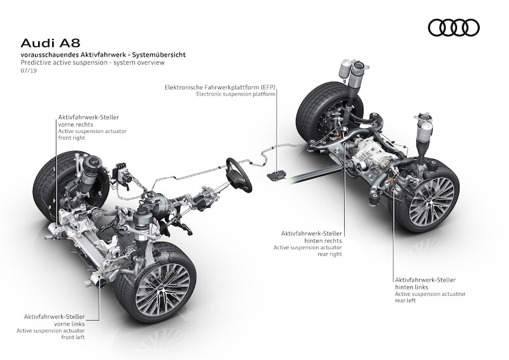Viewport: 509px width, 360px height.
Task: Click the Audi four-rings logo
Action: pos(454,27)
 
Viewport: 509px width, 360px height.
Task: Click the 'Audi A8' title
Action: pos(50,43)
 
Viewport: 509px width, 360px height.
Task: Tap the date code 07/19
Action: pos(29,70)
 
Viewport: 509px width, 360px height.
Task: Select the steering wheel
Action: pos(239,175)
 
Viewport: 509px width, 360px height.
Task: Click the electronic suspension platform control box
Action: pos(276,175)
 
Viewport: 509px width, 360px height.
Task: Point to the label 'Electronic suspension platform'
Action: pos(235,94)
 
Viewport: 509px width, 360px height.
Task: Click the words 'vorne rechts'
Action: pos(76,124)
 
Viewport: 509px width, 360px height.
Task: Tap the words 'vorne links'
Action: pos(69,324)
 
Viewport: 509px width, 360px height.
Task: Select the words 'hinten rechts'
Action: pos(323,240)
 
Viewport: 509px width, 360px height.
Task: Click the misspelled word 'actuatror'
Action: pos(452,294)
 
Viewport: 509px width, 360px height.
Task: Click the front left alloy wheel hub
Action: pos(162,288)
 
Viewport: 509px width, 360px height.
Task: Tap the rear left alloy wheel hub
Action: pos(431,197)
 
